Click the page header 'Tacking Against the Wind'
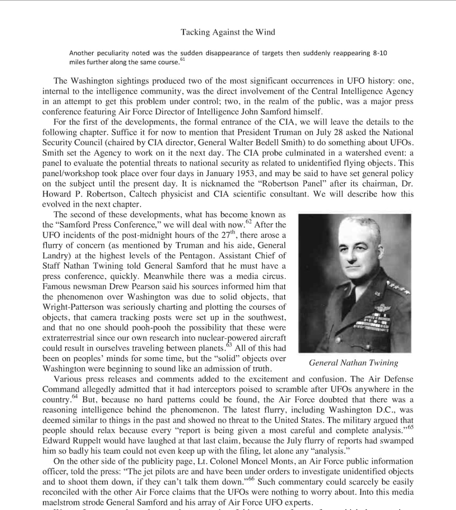point(228,32)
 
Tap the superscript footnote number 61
point(183,59)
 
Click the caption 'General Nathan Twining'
point(353,363)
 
